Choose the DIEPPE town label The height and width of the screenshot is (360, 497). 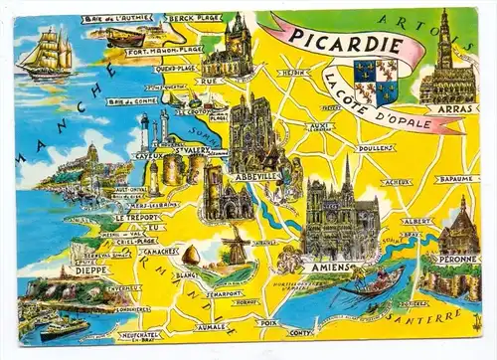click(x=64, y=269)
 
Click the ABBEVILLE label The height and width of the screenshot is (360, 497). click(x=252, y=177)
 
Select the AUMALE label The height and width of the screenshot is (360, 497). click(x=212, y=325)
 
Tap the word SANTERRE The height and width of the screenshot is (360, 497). click(x=434, y=317)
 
